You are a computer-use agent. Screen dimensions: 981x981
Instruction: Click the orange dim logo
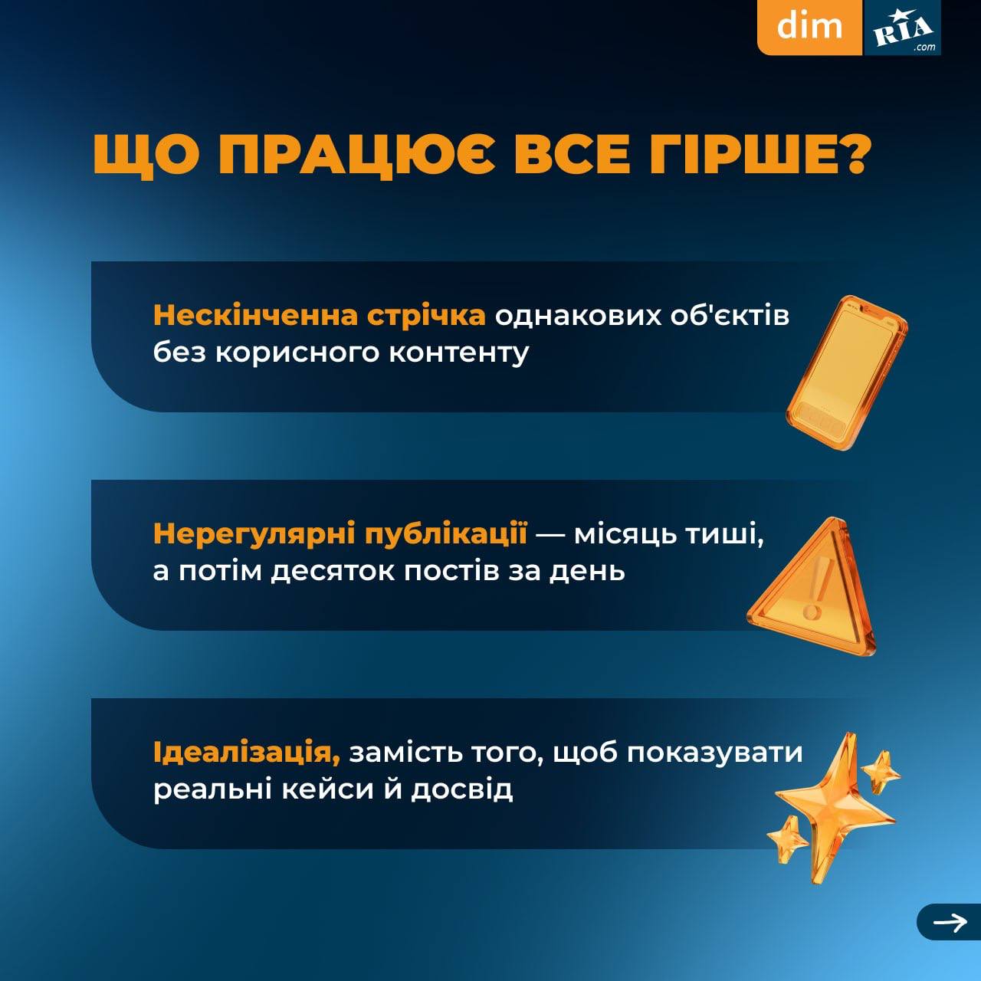[x=809, y=27]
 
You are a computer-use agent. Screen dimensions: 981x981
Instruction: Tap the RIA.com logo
[x=902, y=28]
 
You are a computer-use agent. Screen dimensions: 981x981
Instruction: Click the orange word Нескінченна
[x=255, y=316]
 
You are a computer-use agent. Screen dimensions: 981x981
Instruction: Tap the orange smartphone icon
[x=846, y=372]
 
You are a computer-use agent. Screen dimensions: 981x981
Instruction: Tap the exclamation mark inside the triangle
[x=817, y=586]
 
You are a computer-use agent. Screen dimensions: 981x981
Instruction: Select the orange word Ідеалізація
[x=247, y=753]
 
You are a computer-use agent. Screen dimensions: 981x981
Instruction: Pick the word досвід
[x=461, y=790]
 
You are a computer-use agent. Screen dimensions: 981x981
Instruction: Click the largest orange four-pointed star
[x=835, y=809]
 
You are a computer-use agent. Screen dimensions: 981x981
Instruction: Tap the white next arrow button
[x=950, y=922]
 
